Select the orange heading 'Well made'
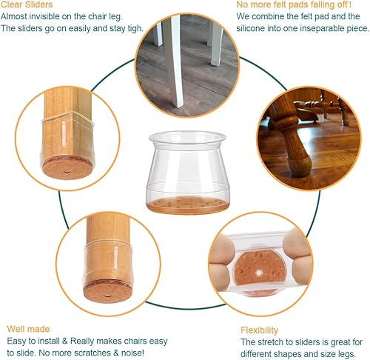click(x=27, y=328)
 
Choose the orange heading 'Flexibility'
click(x=259, y=330)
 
